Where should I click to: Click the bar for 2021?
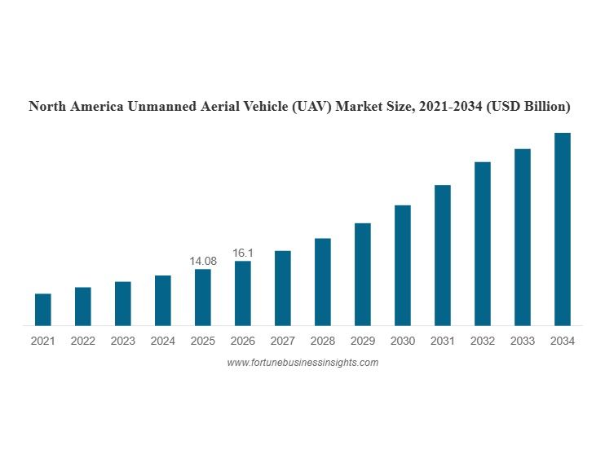(42, 310)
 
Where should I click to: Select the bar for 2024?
(163, 301)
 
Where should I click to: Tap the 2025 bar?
(203, 298)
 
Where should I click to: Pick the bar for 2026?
(243, 293)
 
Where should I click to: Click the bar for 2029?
(363, 274)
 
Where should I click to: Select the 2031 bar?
(443, 255)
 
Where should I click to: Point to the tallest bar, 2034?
(563, 229)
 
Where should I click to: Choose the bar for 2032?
(483, 244)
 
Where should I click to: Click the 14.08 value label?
(203, 261)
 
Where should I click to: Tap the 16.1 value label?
(243, 253)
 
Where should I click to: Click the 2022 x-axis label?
(82, 342)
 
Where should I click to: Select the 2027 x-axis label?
(283, 342)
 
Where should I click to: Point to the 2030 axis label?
(403, 342)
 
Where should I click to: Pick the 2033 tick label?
(523, 342)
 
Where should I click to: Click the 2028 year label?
(323, 342)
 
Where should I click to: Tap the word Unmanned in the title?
(161, 107)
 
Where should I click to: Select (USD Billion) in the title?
(528, 107)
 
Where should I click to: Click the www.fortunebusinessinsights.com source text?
(302, 363)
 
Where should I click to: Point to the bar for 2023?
(123, 303)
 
